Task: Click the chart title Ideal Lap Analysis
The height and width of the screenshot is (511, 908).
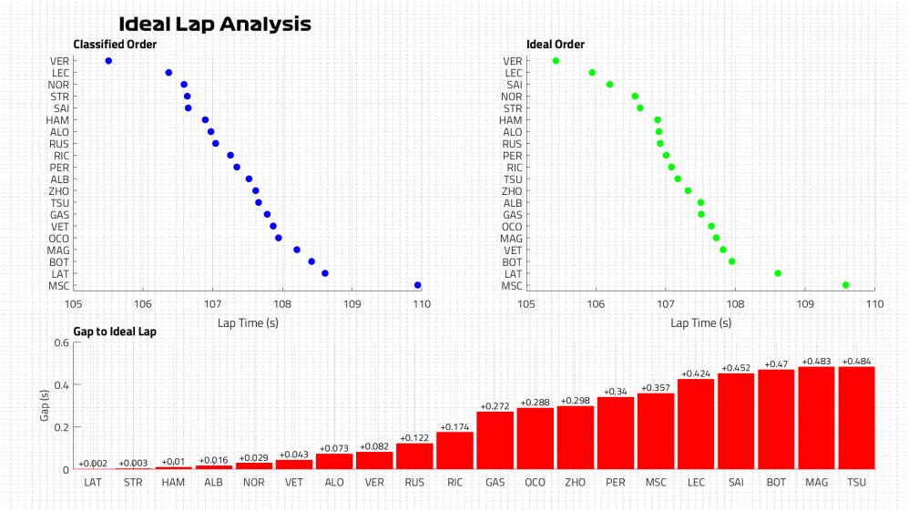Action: coord(215,25)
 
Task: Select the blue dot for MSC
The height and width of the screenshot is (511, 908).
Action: coord(418,285)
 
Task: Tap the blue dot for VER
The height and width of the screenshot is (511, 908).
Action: coord(108,61)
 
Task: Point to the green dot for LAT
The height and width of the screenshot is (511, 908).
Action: coord(778,273)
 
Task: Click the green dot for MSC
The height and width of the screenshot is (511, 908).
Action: coord(846,285)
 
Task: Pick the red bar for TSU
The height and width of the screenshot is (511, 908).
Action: coord(856,418)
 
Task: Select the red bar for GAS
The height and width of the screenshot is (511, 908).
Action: coord(495,440)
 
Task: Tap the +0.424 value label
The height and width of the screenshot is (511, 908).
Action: coord(697,373)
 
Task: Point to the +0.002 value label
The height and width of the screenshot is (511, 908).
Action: coord(93,464)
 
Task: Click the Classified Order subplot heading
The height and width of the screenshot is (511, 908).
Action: coord(115,45)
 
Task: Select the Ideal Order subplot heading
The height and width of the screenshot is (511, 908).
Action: coord(556,45)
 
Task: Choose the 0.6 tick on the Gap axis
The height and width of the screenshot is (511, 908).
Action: coord(62,342)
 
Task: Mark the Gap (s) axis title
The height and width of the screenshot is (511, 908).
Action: coord(44,406)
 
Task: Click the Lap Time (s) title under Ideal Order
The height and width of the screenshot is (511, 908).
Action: coord(699,322)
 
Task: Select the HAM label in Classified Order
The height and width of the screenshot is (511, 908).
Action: coord(58,120)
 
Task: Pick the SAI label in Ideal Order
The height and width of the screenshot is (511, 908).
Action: coord(513,85)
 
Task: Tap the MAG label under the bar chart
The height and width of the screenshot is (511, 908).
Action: coord(816,481)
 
